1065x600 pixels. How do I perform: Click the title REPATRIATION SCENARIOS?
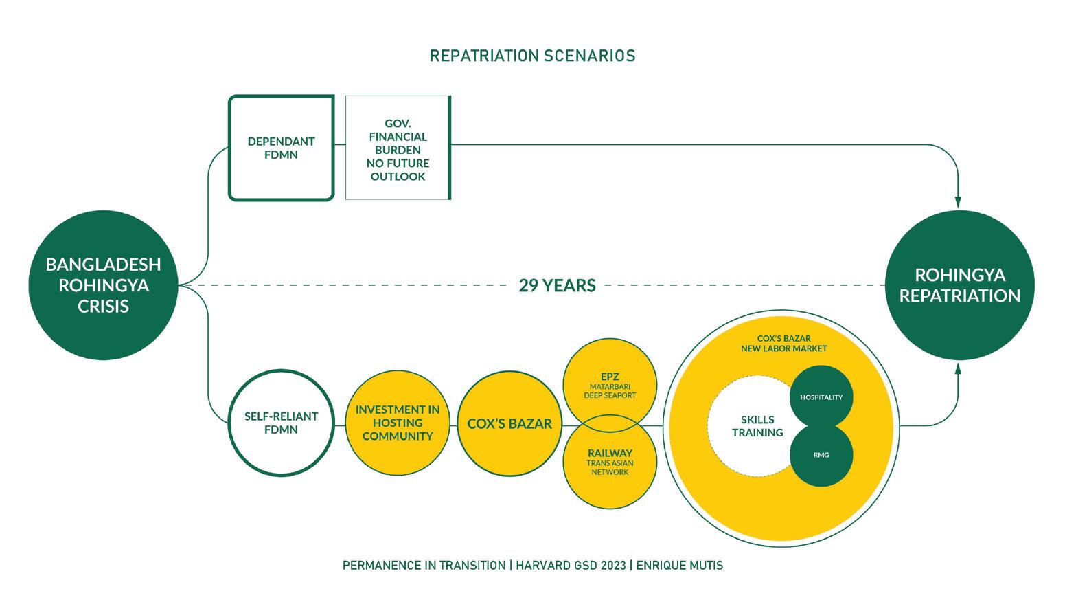coord(532,56)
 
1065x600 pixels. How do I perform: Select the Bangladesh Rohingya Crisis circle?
coord(103,285)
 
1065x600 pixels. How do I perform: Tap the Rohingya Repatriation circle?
coord(959,285)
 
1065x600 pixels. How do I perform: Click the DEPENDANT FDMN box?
coord(281,148)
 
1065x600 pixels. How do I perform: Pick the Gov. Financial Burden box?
coord(398,148)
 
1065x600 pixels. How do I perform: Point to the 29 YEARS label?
coord(557,285)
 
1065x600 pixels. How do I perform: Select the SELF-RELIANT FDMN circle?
coord(281,423)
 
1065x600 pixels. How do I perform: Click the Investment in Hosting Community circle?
coord(398,423)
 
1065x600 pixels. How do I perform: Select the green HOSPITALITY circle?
coord(821,397)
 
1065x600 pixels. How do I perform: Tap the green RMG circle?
coord(821,455)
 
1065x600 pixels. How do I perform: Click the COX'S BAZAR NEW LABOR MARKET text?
coord(783,344)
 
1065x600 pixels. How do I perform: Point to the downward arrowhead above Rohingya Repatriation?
coord(958,201)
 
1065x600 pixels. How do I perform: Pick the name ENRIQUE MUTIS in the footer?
coord(679,566)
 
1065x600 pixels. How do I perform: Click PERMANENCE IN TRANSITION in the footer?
coord(424,566)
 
